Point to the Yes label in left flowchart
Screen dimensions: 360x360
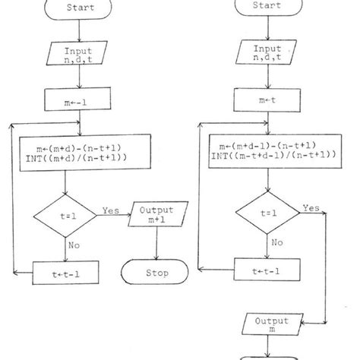click(x=112, y=209)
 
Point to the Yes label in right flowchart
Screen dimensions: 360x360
click(x=310, y=207)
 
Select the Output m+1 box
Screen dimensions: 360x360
click(x=157, y=215)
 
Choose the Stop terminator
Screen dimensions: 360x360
click(x=157, y=272)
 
